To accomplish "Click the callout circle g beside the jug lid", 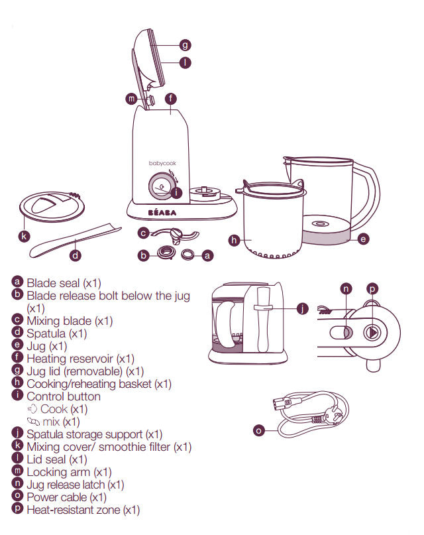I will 185,45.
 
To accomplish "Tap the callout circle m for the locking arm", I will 131,99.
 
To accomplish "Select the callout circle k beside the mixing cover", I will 24,235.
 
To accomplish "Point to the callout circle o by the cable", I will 260,430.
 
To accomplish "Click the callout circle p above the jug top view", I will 372,289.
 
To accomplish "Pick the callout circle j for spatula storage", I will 303,308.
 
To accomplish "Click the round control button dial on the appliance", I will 160,187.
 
